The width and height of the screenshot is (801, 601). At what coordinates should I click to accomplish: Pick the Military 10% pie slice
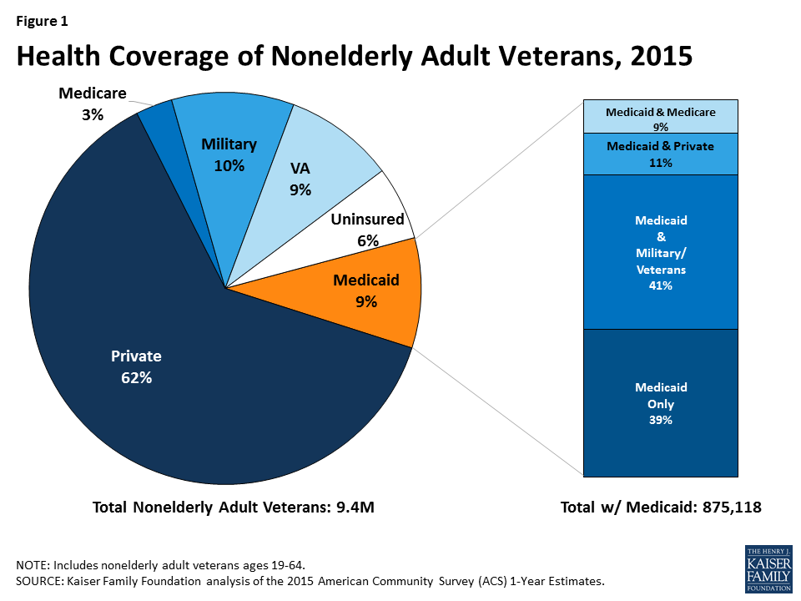pos(230,154)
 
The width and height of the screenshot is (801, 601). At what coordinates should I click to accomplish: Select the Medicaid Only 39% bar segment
pos(661,403)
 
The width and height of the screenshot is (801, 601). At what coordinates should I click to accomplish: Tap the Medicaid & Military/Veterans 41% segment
pos(661,252)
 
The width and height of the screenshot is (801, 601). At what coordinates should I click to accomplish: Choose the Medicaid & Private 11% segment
pos(661,154)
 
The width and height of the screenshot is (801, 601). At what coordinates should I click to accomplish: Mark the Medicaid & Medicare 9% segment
pos(661,117)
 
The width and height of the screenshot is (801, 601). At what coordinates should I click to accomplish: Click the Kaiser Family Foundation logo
pos(768,568)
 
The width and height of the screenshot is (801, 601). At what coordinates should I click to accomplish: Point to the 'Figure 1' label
pos(42,21)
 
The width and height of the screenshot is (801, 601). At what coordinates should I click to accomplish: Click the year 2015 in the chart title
pos(661,56)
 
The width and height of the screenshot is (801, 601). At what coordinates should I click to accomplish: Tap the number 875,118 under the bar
pos(732,507)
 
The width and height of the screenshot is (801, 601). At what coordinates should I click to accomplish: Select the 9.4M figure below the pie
pos(355,507)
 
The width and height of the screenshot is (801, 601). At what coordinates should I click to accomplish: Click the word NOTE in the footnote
pos(32,565)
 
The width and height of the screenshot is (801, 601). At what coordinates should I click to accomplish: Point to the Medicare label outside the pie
pos(93,93)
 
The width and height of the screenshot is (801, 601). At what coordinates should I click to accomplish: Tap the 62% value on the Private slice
pos(136,377)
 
